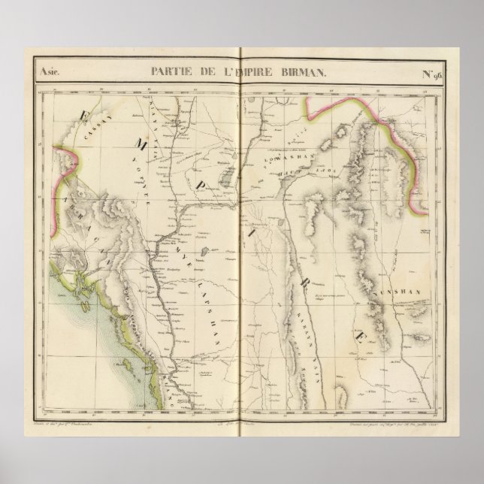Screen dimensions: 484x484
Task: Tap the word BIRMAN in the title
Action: [307, 72]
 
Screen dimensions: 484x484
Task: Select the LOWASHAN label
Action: [283, 159]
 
